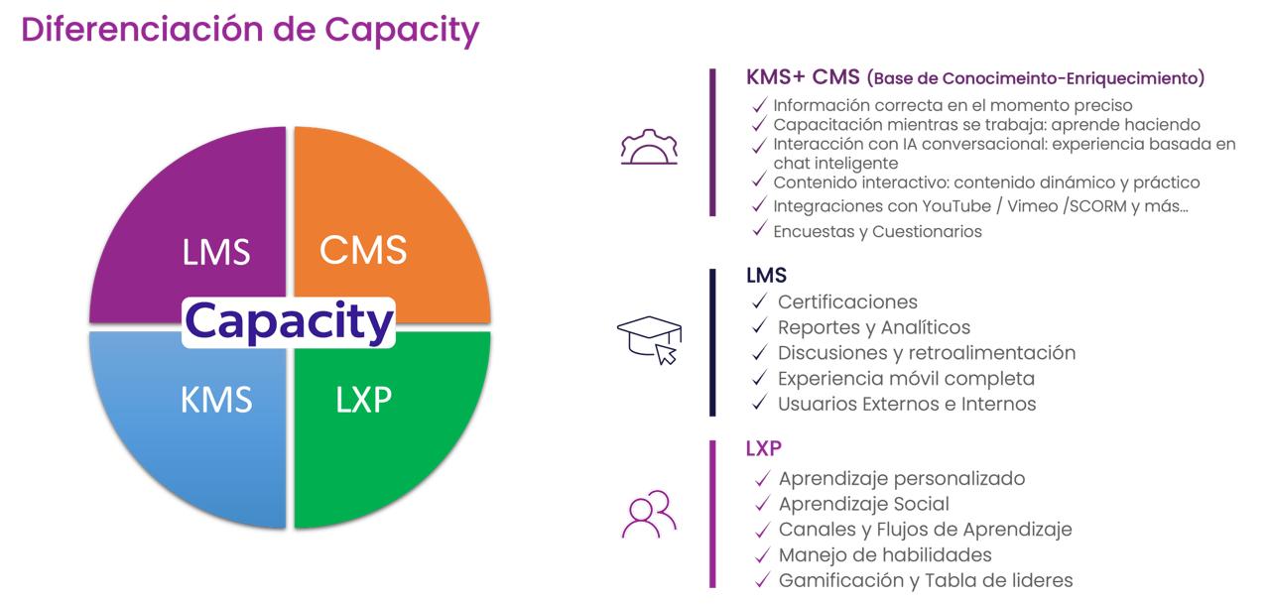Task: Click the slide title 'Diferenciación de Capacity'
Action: [249, 30]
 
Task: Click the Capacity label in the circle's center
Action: [289, 322]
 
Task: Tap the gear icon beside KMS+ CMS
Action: [648, 147]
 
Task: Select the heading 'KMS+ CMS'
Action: [802, 77]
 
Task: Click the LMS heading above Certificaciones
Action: [766, 276]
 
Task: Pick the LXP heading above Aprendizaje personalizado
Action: [764, 448]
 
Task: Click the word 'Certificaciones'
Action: [847, 302]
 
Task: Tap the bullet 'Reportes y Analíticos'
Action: [873, 327]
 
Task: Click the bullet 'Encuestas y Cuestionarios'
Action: [877, 231]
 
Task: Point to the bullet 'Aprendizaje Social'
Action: [863, 504]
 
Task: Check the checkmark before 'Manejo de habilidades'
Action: [762, 555]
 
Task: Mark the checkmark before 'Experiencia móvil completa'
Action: [760, 379]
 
